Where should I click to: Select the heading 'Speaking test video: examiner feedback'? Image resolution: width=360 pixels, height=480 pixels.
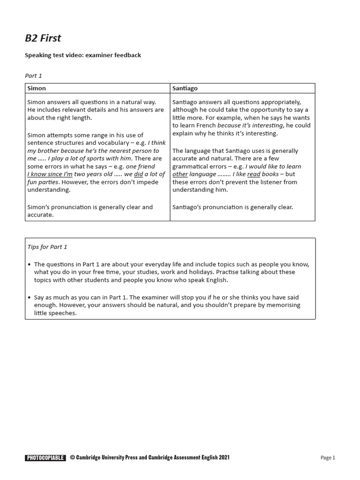pos(82,55)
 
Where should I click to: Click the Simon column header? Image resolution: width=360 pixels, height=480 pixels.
pos(37,88)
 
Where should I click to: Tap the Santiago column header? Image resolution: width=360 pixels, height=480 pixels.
pos(185,88)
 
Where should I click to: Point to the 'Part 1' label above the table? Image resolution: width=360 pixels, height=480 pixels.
pos(33,75)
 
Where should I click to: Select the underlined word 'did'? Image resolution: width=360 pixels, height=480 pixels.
pos(138,174)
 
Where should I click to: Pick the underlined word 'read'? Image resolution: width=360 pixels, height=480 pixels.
pos(254,174)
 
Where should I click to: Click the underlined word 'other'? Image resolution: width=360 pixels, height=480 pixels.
pos(180,174)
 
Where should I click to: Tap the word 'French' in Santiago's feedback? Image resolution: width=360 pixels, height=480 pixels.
pos(206,126)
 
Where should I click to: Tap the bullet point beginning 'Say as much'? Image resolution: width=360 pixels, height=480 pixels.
pos(30,298)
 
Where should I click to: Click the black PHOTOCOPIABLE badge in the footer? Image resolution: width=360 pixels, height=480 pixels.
pos(45,457)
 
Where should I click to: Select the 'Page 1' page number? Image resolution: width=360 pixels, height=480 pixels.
pos(328,458)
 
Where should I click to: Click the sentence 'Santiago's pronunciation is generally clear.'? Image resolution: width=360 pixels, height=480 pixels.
pos(232,207)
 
